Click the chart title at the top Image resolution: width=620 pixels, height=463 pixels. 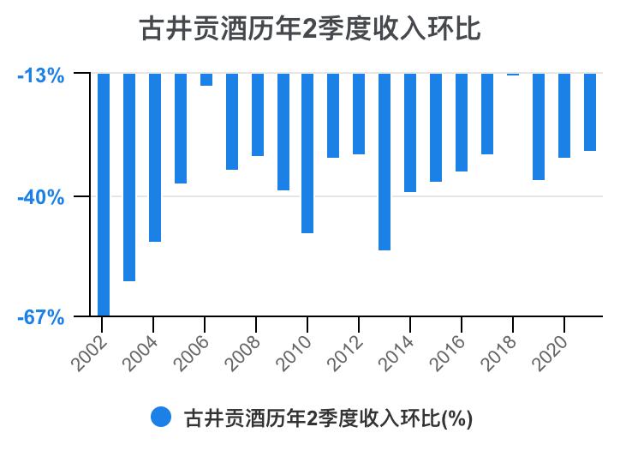310,29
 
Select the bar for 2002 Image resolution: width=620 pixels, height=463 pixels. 104,195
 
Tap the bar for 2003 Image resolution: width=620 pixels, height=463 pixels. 129,177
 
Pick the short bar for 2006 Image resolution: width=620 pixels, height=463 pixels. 206,80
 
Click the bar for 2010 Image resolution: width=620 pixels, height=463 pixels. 307,153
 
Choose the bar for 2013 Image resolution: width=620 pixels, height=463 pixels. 385,161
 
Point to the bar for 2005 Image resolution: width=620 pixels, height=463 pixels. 181,128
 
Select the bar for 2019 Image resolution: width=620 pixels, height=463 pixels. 539,126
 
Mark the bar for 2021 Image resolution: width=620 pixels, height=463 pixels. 590,111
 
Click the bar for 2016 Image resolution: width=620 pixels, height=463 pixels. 462,122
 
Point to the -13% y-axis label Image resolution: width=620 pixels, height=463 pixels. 41,75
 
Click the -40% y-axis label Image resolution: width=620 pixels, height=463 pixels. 41,197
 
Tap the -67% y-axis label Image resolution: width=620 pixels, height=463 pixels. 41,318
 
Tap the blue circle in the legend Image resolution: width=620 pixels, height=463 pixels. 161,418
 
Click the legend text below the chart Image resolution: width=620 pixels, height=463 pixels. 328,418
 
